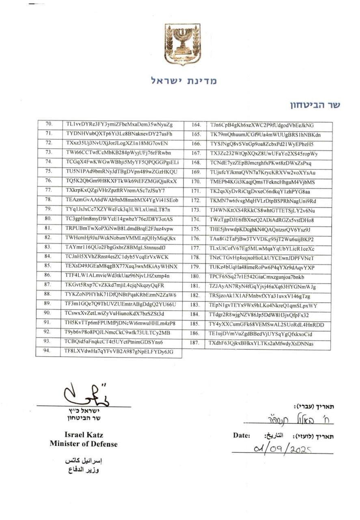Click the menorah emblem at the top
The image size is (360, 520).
point(182,44)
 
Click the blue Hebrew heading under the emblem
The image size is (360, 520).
point(184,80)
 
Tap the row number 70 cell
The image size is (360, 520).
point(49,124)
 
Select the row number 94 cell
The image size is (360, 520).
point(47,352)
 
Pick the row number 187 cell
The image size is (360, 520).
point(195,343)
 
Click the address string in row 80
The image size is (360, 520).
point(119,219)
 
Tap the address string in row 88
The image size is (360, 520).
point(121,295)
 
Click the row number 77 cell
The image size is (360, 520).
point(48,191)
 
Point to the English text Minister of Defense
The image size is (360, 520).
point(84,444)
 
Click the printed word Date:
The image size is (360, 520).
point(241,435)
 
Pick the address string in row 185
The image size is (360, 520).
point(266,325)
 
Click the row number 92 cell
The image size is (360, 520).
point(47,332)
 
